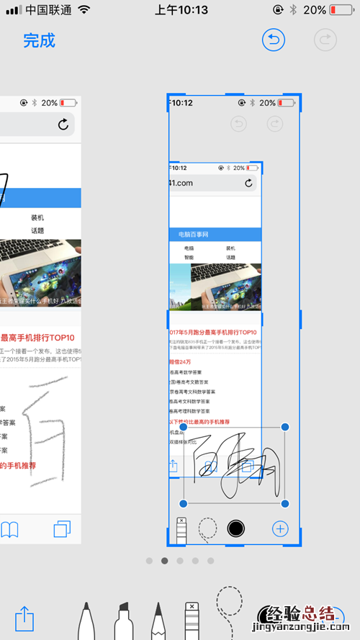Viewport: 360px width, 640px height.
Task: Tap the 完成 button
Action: (39, 40)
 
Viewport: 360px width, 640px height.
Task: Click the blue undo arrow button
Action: (274, 40)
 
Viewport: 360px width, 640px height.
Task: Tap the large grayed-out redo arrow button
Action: (325, 40)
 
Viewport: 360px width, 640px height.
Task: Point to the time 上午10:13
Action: (181, 10)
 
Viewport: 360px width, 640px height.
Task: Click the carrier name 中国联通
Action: (48, 10)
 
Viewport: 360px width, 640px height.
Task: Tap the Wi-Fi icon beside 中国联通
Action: (85, 10)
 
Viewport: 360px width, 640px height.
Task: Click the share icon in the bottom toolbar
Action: (24, 617)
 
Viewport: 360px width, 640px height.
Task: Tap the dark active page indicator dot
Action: (165, 560)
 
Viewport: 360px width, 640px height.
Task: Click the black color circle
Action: (235, 529)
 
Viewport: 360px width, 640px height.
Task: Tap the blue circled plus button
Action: (280, 529)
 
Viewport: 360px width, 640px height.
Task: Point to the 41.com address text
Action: (181, 183)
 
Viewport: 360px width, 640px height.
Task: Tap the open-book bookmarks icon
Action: (9, 530)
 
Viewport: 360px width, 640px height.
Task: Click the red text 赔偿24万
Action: (181, 361)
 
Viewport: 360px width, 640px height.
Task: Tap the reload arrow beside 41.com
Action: (249, 183)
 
